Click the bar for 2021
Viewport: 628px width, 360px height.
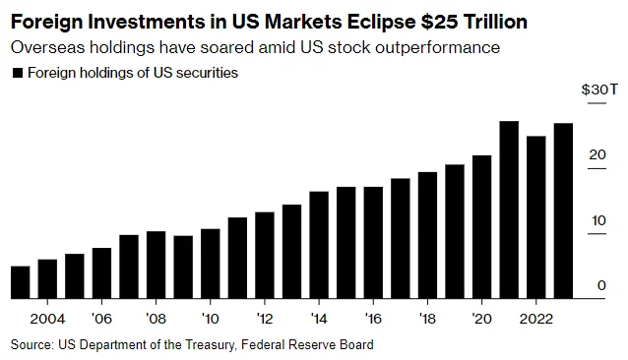coord(509,210)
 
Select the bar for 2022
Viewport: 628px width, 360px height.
coord(535,217)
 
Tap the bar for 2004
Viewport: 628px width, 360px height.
coord(47,278)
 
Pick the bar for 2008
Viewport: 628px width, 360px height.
coord(156,265)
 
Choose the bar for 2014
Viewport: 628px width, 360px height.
coord(319,245)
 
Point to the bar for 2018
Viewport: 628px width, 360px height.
coord(427,235)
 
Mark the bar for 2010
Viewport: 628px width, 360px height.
coord(211,264)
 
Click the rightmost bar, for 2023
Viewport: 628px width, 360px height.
coord(563,210)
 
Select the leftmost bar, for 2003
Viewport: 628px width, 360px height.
coord(21,282)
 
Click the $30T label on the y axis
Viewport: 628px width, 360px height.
coord(599,90)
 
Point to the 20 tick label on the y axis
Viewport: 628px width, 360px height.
coord(597,154)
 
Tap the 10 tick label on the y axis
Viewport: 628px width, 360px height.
coord(598,220)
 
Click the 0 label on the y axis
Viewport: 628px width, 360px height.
coord(601,285)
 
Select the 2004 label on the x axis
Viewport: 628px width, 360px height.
coord(47,319)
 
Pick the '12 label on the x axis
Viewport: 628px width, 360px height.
coord(265,319)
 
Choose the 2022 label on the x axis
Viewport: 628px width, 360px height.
coord(535,319)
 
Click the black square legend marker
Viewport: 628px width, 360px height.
coord(18,73)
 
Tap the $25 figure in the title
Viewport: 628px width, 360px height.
coord(439,22)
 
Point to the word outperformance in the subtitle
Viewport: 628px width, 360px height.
coord(437,47)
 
